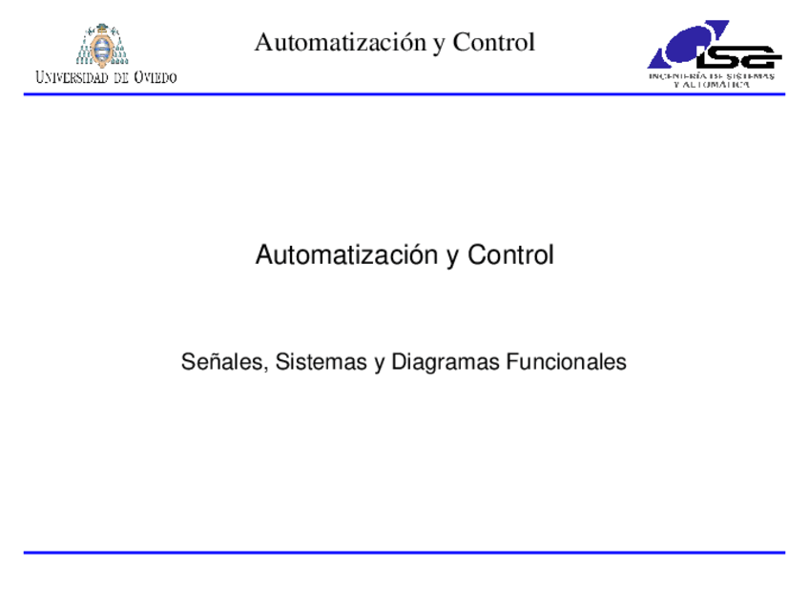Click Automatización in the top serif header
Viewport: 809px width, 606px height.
pos(337,42)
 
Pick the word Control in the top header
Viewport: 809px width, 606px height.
pos(493,42)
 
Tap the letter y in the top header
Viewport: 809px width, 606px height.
pos(438,44)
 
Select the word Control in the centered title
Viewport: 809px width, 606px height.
pos(510,255)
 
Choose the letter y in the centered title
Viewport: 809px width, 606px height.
pos(452,257)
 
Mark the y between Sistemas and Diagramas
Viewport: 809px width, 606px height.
pos(379,364)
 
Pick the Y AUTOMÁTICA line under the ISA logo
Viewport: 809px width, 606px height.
pos(711,85)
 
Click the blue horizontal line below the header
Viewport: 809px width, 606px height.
pos(404,94)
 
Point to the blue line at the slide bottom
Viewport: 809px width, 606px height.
pos(404,552)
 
